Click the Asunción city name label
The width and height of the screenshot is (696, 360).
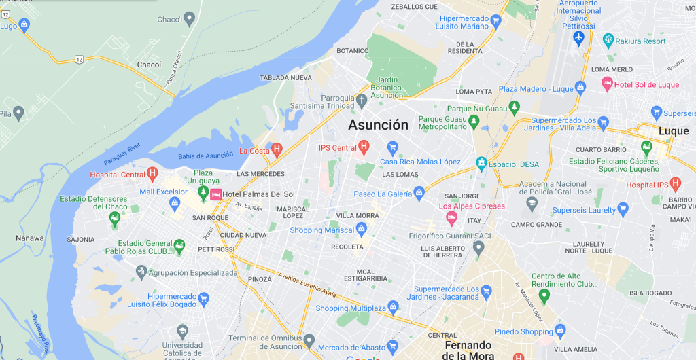[379, 125]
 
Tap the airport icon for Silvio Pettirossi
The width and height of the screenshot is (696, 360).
[579, 36]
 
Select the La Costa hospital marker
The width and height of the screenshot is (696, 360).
[277, 149]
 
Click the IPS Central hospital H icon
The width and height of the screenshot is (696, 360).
[364, 147]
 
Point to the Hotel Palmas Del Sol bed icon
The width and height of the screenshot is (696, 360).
[215, 195]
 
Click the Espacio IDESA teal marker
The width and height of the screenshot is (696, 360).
[481, 163]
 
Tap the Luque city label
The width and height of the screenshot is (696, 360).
[673, 131]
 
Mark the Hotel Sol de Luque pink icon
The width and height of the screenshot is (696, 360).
[608, 84]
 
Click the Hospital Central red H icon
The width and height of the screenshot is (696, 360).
[153, 174]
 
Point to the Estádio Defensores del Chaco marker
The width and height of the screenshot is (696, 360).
[114, 218]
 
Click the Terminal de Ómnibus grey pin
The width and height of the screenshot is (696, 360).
[309, 339]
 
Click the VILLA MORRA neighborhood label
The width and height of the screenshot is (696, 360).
[357, 216]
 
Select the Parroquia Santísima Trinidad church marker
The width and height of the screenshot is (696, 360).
[362, 101]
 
